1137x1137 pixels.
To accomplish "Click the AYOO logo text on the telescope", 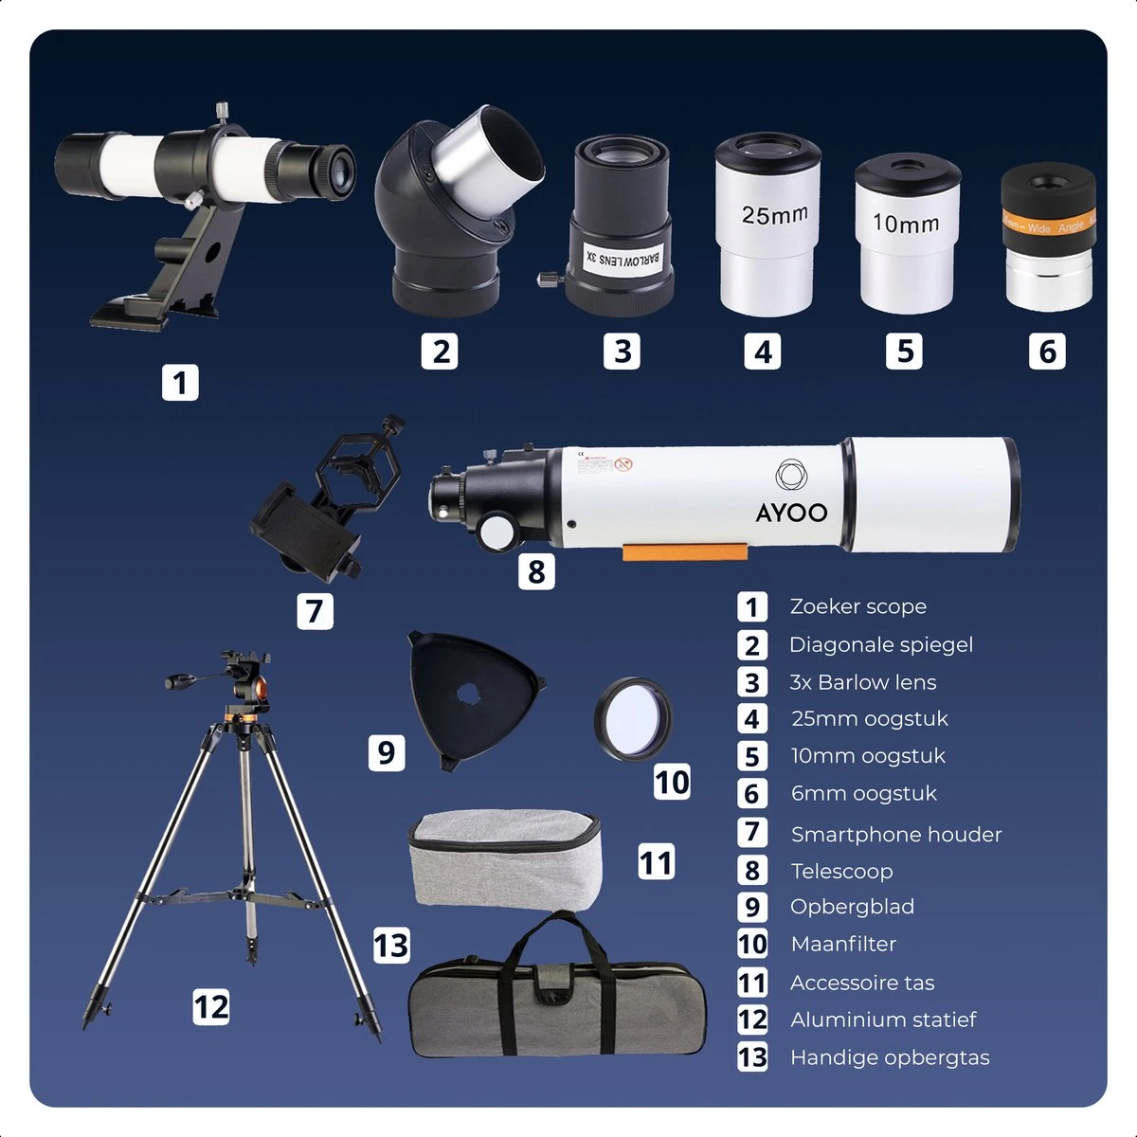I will pos(791,513).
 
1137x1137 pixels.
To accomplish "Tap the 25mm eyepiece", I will pos(767,227).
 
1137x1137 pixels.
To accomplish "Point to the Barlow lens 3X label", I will pos(623,257).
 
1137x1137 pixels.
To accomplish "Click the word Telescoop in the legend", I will pos(841,871).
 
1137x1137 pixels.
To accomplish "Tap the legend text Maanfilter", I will pos(843,944).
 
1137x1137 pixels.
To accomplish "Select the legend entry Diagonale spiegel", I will pos(880,645).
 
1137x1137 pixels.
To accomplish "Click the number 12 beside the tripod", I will pos(210,1006).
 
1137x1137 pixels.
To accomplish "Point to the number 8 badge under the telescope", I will pos(536,571).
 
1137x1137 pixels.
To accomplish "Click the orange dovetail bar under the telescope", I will pos(683,551).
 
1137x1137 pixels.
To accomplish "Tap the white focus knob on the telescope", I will pos(498,533).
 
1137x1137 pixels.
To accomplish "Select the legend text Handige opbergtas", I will pos(890,1057).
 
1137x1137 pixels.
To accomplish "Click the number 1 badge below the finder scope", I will pos(180,383).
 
